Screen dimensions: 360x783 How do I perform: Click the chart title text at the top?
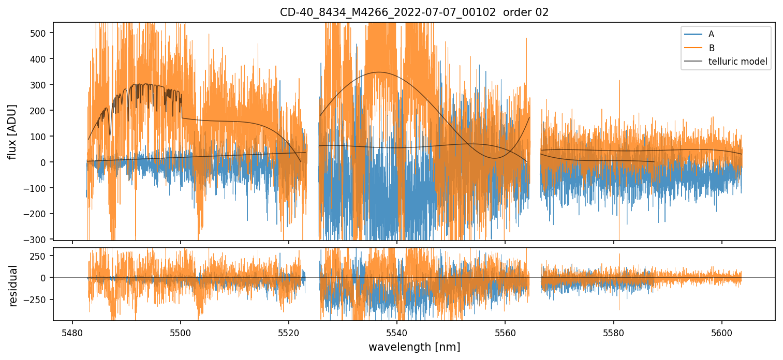(414, 12)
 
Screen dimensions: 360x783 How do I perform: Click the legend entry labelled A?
(711, 34)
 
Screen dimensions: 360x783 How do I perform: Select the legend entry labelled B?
(712, 48)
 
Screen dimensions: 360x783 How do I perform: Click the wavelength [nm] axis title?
(414, 347)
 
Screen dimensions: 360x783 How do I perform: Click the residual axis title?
(13, 286)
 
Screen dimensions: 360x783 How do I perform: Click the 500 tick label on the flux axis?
(39, 33)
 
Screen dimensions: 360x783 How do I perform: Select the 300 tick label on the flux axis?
(39, 85)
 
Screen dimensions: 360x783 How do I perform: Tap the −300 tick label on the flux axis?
(37, 239)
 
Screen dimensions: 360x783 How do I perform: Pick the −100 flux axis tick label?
(37, 188)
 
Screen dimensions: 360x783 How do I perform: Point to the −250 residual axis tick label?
(37, 299)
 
